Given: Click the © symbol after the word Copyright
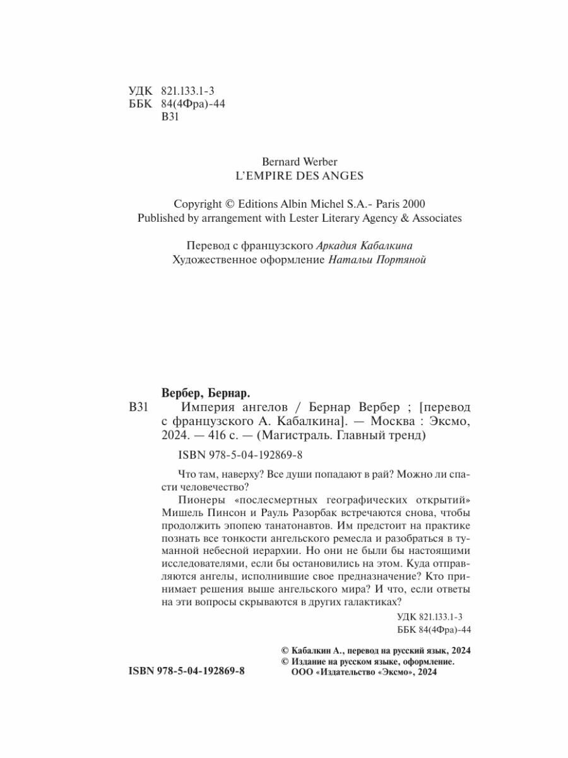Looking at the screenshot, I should pyautogui.click(x=228, y=204).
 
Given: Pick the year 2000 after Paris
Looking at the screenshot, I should pyautogui.click(x=413, y=204).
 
